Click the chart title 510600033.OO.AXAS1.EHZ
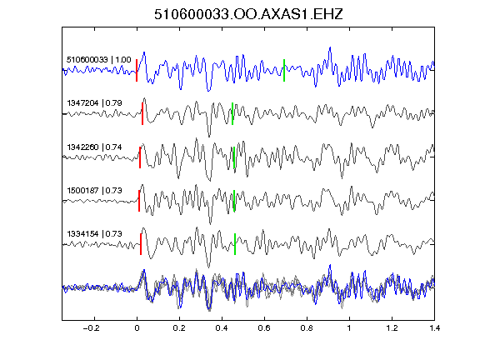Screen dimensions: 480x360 pyautogui.click(x=248, y=14)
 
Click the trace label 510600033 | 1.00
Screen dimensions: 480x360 pyautogui.click(x=99, y=60)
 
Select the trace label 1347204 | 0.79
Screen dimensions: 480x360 pyautogui.click(x=94, y=103)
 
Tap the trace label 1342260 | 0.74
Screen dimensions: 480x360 pyautogui.click(x=94, y=147)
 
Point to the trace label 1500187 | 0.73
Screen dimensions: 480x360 pyautogui.click(x=94, y=191)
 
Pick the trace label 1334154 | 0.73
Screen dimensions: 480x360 pyautogui.click(x=94, y=234)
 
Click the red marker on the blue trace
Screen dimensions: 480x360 pyautogui.click(x=137, y=70)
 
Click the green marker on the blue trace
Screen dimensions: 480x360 pyautogui.click(x=284, y=70)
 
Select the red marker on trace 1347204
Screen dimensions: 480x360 pyautogui.click(x=142, y=113)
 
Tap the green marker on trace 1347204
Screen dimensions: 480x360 pyautogui.click(x=232, y=113)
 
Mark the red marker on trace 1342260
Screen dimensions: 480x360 pyautogui.click(x=140, y=157)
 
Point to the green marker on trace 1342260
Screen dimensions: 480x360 pyautogui.click(x=234, y=157)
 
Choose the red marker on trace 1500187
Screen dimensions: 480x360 pyautogui.click(x=139, y=201)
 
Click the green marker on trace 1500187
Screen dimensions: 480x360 pyautogui.click(x=234, y=201)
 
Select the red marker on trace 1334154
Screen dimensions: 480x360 pyautogui.click(x=141, y=244)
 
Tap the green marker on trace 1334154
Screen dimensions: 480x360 pyautogui.click(x=235, y=244)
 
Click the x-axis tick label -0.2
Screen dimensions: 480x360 pyautogui.click(x=91, y=328)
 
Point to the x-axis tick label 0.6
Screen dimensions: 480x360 pyautogui.click(x=264, y=328)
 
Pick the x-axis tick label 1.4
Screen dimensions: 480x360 pyautogui.click(x=434, y=328)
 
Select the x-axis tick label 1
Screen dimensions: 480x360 pyautogui.click(x=349, y=328)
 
